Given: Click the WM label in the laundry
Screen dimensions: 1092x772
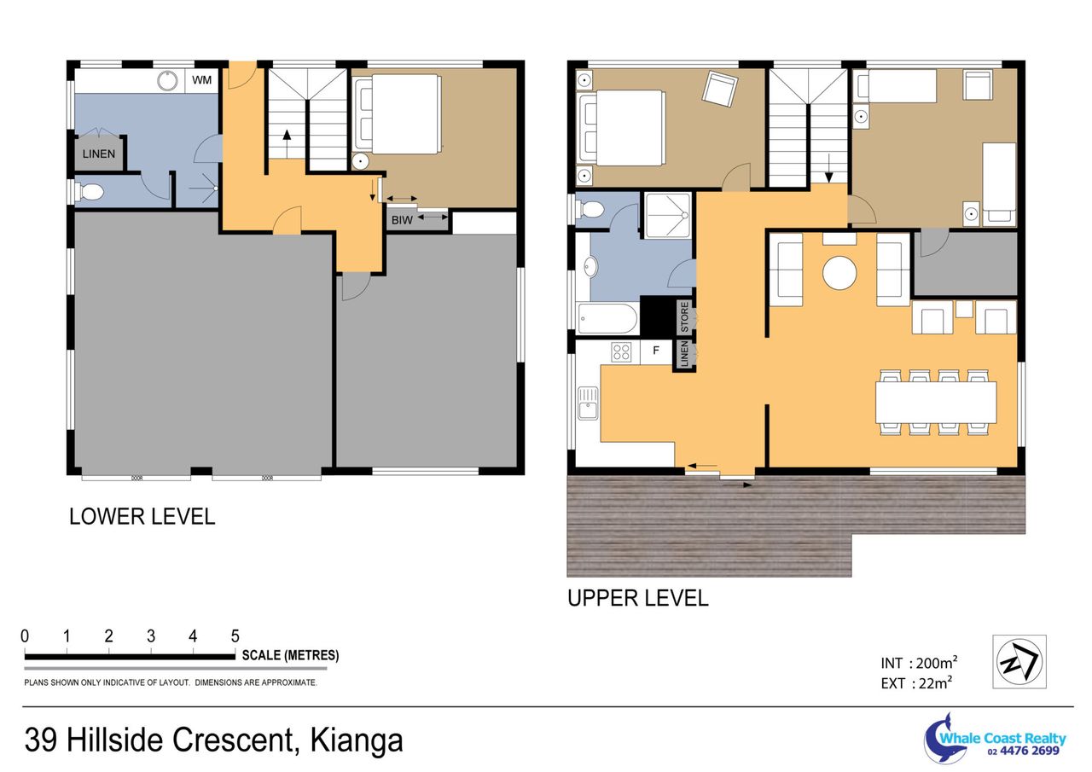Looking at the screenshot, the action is (x=201, y=80).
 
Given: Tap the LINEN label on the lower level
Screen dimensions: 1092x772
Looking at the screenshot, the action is (x=99, y=154).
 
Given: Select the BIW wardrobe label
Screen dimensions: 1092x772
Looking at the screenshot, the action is (x=402, y=220).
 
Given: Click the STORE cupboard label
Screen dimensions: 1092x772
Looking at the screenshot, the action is (x=684, y=316).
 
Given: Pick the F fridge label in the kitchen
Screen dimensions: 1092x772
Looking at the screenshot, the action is (x=656, y=350).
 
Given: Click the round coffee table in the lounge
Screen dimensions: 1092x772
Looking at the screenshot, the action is (x=839, y=273).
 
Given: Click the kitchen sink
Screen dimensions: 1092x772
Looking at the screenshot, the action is (x=588, y=403).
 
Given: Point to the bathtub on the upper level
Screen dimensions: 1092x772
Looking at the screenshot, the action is (x=607, y=319).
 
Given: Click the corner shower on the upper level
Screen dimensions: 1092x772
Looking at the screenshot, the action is (x=667, y=216).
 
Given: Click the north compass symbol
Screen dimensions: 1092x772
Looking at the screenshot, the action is (x=1019, y=661).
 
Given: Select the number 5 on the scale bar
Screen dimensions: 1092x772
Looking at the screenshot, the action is (x=235, y=636).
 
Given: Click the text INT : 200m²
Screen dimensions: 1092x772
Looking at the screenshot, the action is (x=919, y=663).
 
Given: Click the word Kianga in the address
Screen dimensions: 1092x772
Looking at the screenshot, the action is (x=357, y=740).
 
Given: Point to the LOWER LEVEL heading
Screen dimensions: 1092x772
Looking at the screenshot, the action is (x=142, y=517).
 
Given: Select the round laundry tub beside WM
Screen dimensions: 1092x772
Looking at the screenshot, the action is (x=167, y=80).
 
